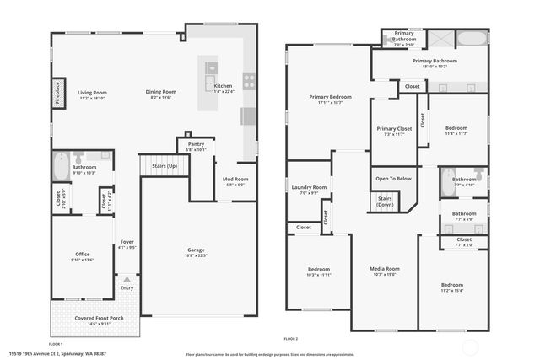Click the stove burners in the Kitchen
(250, 81)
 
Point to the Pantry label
(196, 145)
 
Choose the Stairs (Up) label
(165, 166)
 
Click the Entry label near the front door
(127, 288)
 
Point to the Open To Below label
(393, 178)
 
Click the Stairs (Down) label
(385, 201)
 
